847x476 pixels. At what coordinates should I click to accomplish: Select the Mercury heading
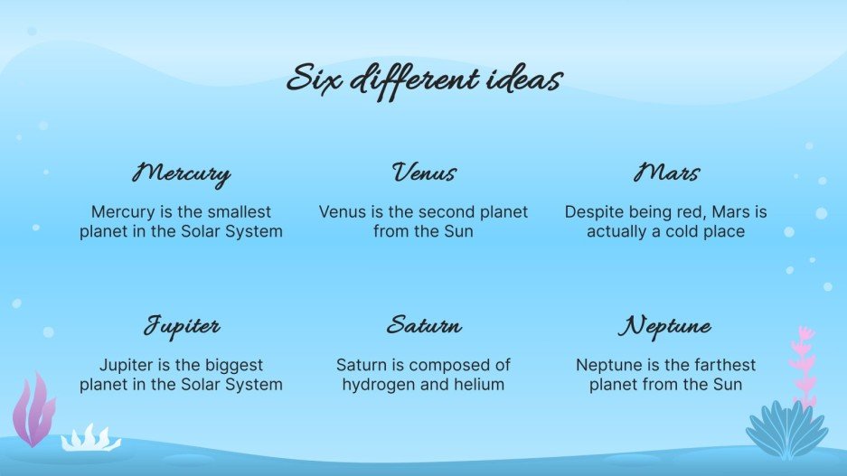[x=181, y=173]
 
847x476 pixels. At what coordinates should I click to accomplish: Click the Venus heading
[x=423, y=172]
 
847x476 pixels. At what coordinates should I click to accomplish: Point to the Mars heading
[x=666, y=172]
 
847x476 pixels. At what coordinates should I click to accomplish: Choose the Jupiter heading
[x=181, y=326]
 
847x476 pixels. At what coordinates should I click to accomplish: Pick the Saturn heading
[x=423, y=325]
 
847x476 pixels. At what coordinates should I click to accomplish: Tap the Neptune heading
[x=665, y=327]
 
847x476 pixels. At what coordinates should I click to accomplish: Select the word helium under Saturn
[x=475, y=385]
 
